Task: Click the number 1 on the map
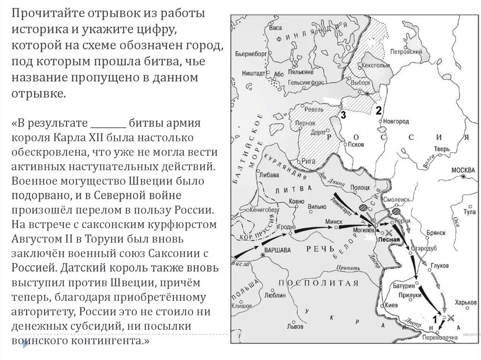click(435, 319)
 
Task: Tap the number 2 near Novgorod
click(379, 110)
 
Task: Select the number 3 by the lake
click(343, 115)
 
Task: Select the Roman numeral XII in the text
click(89, 139)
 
